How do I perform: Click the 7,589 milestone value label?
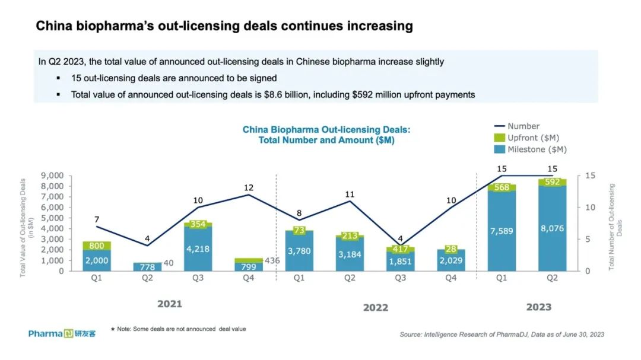pyautogui.click(x=502, y=228)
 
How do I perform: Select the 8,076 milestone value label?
pyautogui.click(x=553, y=228)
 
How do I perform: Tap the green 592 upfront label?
pyautogui.click(x=553, y=182)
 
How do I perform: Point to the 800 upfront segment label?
pyautogui.click(x=96, y=246)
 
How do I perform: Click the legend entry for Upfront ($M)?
pyautogui.click(x=532, y=138)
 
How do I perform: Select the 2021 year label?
pyautogui.click(x=169, y=304)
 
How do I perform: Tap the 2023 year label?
pyautogui.click(x=538, y=307)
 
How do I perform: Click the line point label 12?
pyautogui.click(x=249, y=188)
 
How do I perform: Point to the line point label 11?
pyautogui.click(x=350, y=194)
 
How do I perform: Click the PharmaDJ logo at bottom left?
pyautogui.click(x=62, y=333)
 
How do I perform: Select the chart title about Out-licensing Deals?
pyautogui.click(x=326, y=135)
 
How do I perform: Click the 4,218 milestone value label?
pyautogui.click(x=197, y=249)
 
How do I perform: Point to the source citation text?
pyautogui.click(x=502, y=334)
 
